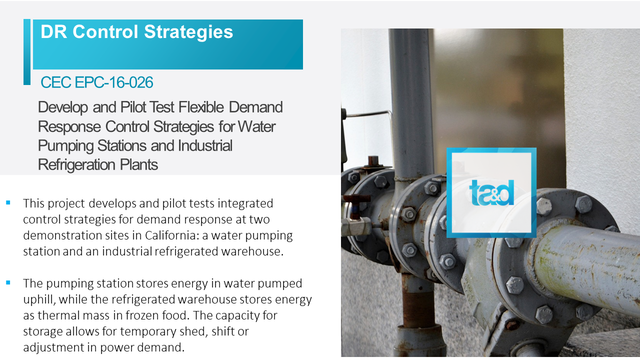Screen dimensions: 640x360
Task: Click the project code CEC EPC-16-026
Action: pyautogui.click(x=97, y=82)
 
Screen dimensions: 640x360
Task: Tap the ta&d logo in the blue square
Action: pyautogui.click(x=491, y=193)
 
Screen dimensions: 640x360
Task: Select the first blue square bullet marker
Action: pyautogui.click(x=8, y=203)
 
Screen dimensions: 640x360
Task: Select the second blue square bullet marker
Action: pyautogui.click(x=8, y=283)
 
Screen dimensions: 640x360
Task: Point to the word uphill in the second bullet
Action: pyautogui.click(x=39, y=300)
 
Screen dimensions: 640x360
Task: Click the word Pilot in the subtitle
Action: pyautogui.click(x=133, y=107)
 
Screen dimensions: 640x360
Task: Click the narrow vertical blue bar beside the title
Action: pyautogui.click(x=27, y=52)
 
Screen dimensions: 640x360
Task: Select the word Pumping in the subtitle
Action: pyautogui.click(x=65, y=146)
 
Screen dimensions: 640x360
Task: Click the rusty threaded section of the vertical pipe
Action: pyautogui.click(x=414, y=303)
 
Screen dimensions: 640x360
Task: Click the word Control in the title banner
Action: pyautogui.click(x=105, y=31)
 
